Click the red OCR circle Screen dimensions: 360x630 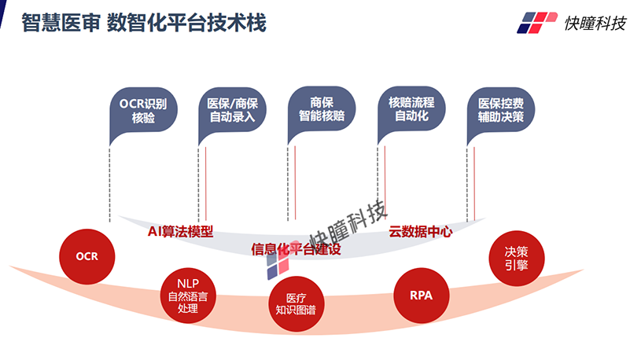86,256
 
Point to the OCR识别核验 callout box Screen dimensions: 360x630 143,111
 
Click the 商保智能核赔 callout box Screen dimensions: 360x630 322,109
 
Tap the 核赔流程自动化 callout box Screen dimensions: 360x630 411,109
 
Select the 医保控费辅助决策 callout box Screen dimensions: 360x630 502,110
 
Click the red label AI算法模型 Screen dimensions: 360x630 181,232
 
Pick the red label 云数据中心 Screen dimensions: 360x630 421,232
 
